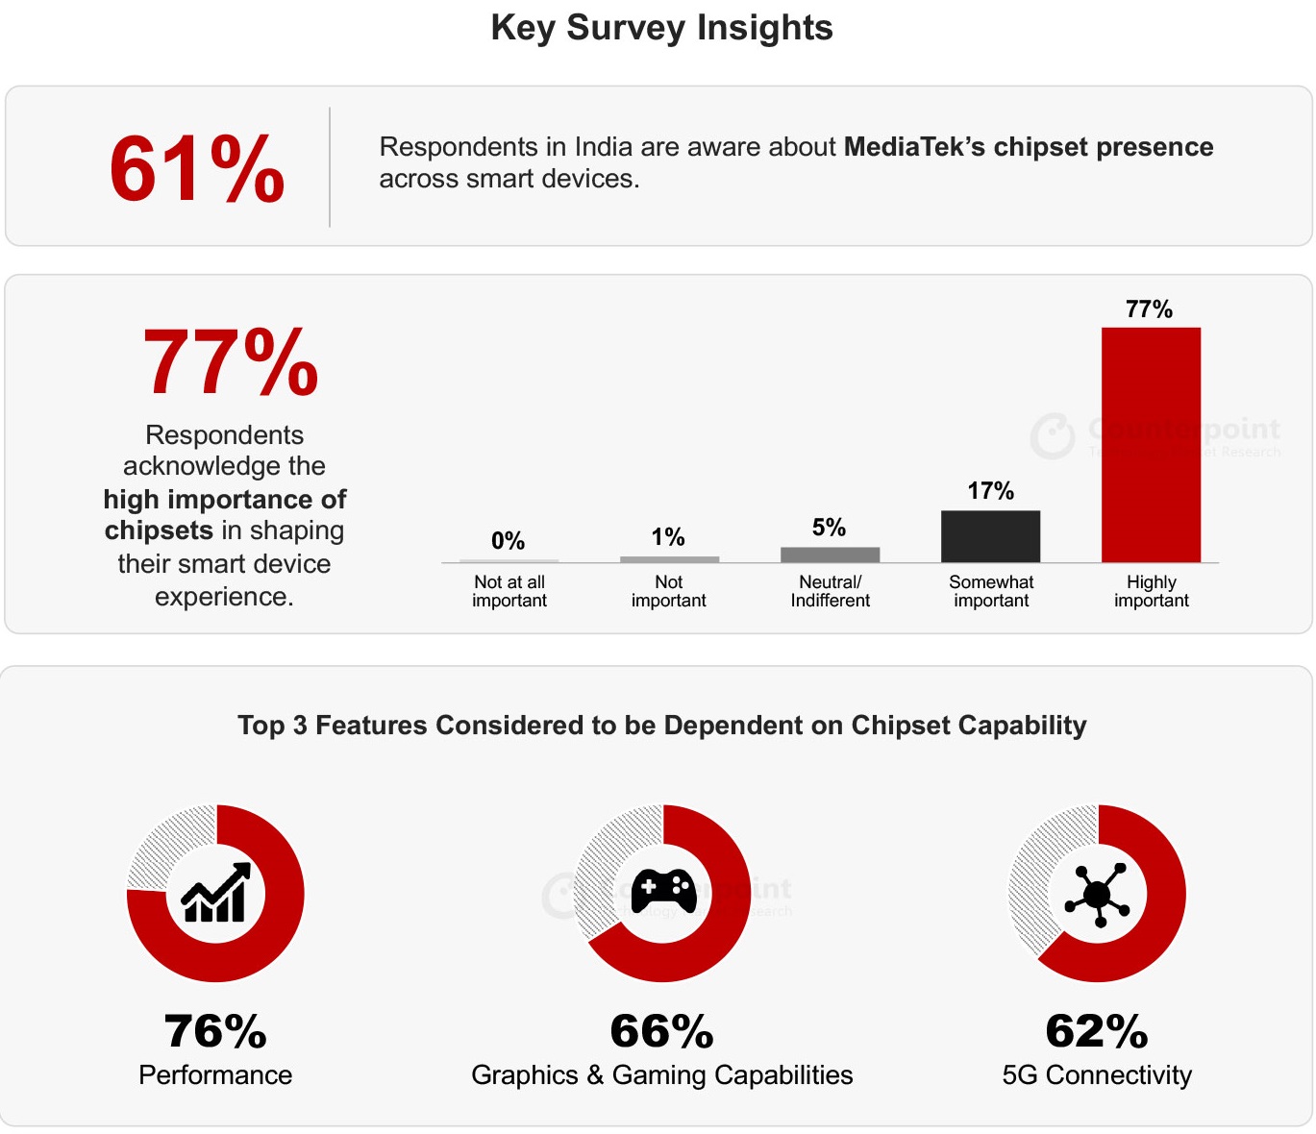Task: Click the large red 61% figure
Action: (197, 169)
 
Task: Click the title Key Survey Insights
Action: (661, 28)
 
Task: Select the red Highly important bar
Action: (1151, 444)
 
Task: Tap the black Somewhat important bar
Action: (990, 536)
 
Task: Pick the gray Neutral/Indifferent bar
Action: (830, 555)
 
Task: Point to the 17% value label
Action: (990, 491)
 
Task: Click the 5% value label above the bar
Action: (829, 528)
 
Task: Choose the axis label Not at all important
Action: (509, 591)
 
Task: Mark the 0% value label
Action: (508, 541)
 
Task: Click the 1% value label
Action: (668, 537)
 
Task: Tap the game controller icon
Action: (663, 892)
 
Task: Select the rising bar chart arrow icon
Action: (216, 893)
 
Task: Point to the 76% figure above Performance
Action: (215, 1032)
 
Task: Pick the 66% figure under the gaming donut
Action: (661, 1032)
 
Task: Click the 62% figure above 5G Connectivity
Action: (1097, 1032)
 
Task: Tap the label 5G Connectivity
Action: (1097, 1075)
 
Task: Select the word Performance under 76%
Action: (215, 1075)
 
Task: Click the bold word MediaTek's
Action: (914, 147)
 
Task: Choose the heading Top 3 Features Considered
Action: (661, 726)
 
